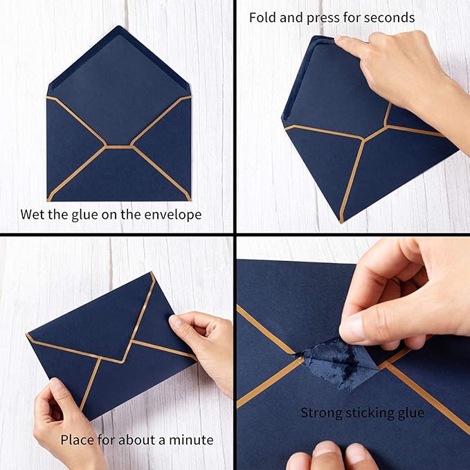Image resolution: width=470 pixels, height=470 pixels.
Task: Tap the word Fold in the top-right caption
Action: [x=263, y=17]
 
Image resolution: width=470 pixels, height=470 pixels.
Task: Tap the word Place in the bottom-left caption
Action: [x=77, y=440]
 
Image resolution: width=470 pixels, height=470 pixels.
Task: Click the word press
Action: [x=327, y=17]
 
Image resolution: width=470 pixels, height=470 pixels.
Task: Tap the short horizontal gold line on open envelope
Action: [x=119, y=147]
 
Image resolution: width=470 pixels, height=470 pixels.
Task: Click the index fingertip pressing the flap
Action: [x=342, y=44]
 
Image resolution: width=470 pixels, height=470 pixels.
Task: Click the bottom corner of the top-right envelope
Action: [x=341, y=222]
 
